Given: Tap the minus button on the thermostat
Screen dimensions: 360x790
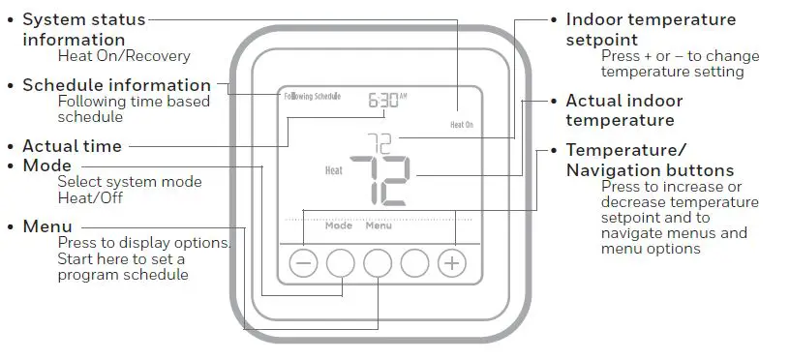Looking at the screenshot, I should (x=303, y=263).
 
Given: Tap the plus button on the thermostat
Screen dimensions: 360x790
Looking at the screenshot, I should (x=451, y=263).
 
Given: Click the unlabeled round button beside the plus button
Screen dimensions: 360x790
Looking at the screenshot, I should (x=414, y=263).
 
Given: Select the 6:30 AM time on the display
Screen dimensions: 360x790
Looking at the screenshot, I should (x=387, y=98).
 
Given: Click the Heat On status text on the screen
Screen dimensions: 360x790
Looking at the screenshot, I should (x=462, y=125).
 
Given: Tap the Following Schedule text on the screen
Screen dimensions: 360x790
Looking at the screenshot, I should (x=313, y=98).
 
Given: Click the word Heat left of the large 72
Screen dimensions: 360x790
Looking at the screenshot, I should (x=333, y=172).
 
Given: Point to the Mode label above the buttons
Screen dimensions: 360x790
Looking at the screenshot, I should (x=339, y=225).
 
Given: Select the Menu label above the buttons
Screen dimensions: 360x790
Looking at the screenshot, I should (x=379, y=225).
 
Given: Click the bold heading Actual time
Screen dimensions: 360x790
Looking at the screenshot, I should (x=72, y=146).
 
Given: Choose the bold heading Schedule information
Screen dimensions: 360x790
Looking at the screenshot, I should (x=116, y=85).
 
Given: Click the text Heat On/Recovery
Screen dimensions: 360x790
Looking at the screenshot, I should (x=123, y=56).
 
